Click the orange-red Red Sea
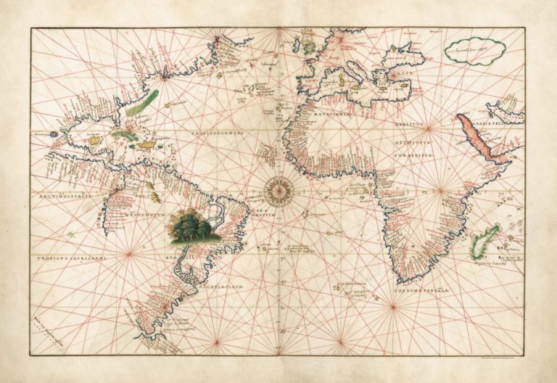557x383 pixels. point(478,134)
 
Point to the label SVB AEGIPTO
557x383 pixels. point(413,155)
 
